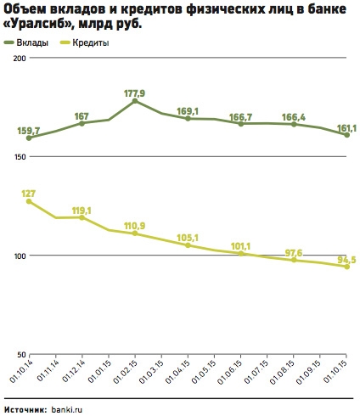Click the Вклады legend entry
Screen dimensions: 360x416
pos(26,42)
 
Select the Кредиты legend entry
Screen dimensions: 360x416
pos(85,42)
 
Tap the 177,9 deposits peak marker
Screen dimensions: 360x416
pos(135,101)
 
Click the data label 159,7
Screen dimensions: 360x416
pos(29,131)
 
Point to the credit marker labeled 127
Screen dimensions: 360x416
pos(29,201)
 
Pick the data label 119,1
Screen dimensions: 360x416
pos(82,211)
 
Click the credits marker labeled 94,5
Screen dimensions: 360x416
pos(346,267)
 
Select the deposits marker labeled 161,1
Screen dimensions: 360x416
pos(346,135)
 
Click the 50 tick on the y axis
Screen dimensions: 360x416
pos(22,355)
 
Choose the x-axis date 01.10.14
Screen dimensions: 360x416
pos(20,372)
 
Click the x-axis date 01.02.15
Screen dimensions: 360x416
pos(126,372)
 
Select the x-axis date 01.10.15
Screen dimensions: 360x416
pos(335,372)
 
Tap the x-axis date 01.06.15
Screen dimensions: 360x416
pos(230,372)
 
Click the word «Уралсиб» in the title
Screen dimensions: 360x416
pos(39,25)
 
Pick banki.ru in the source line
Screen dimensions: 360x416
pos(67,409)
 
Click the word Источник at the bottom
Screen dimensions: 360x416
pos(25,409)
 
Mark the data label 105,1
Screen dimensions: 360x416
pos(188,238)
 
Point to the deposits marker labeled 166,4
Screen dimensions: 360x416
pos(294,124)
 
